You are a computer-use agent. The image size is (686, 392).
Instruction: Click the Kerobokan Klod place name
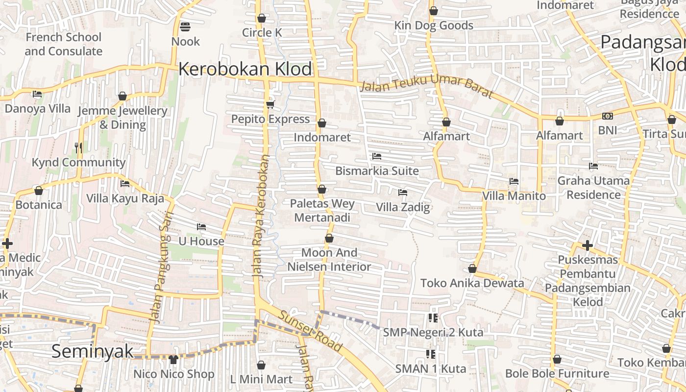(x=245, y=69)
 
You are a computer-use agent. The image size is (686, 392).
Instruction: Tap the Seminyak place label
(x=93, y=351)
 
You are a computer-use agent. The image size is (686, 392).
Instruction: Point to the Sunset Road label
(x=311, y=331)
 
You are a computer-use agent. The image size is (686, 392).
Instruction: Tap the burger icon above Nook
(x=185, y=26)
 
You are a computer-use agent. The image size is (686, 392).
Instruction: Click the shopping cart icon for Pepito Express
(x=270, y=104)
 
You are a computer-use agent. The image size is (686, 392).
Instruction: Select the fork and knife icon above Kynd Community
(x=78, y=147)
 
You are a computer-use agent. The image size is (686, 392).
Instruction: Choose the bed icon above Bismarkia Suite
(x=377, y=156)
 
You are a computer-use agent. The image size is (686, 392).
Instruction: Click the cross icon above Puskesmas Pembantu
(x=588, y=245)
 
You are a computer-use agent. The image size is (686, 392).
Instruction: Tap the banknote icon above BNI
(x=608, y=116)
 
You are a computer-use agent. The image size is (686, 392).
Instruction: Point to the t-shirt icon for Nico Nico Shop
(x=173, y=360)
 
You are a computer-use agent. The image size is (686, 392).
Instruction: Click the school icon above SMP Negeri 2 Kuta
(x=433, y=318)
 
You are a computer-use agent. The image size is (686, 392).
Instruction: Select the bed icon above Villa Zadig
(x=403, y=193)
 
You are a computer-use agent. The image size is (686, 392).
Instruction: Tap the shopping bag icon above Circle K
(x=262, y=18)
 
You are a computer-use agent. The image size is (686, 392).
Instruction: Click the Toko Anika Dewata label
(x=472, y=283)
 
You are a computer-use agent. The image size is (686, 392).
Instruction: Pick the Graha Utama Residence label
(x=593, y=188)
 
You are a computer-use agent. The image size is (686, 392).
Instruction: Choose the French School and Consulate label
(x=64, y=44)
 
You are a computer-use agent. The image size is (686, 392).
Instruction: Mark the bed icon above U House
(x=201, y=226)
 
